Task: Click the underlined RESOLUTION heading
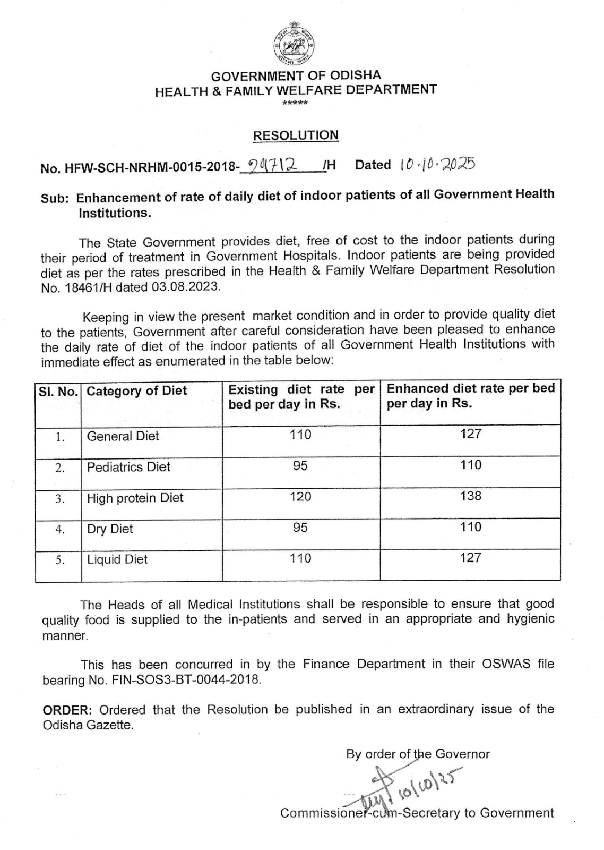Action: tap(296, 135)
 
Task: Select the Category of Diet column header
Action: tap(137, 391)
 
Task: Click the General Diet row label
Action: tap(123, 436)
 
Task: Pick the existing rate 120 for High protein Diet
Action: tap(300, 497)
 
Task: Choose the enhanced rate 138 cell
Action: tap(471, 496)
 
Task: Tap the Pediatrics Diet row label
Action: tap(128, 467)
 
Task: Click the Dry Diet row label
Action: tap(110, 529)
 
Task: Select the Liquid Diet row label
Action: tap(117, 559)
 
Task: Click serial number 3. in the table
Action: tap(60, 499)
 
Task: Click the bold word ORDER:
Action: tap(68, 710)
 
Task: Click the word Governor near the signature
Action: tap(462, 754)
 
